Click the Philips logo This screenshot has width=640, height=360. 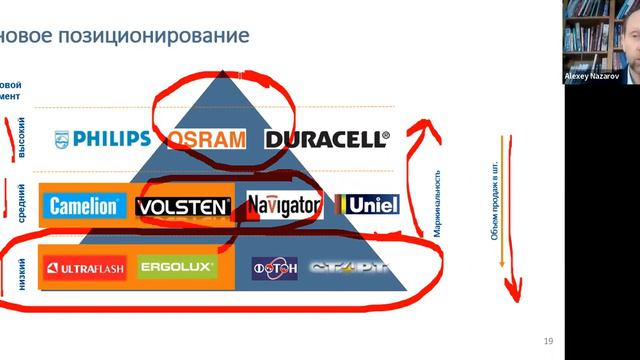pyautogui.click(x=103, y=138)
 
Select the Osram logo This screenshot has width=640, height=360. pyautogui.click(x=207, y=138)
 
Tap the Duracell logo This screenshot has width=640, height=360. pyautogui.click(x=326, y=138)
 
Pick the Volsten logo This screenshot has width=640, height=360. pyautogui.click(x=183, y=207)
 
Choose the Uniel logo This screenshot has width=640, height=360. pyautogui.click(x=368, y=207)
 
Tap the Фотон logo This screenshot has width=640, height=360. pyautogui.click(x=274, y=268)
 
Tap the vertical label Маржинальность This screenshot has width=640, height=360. pyautogui.click(x=438, y=196)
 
